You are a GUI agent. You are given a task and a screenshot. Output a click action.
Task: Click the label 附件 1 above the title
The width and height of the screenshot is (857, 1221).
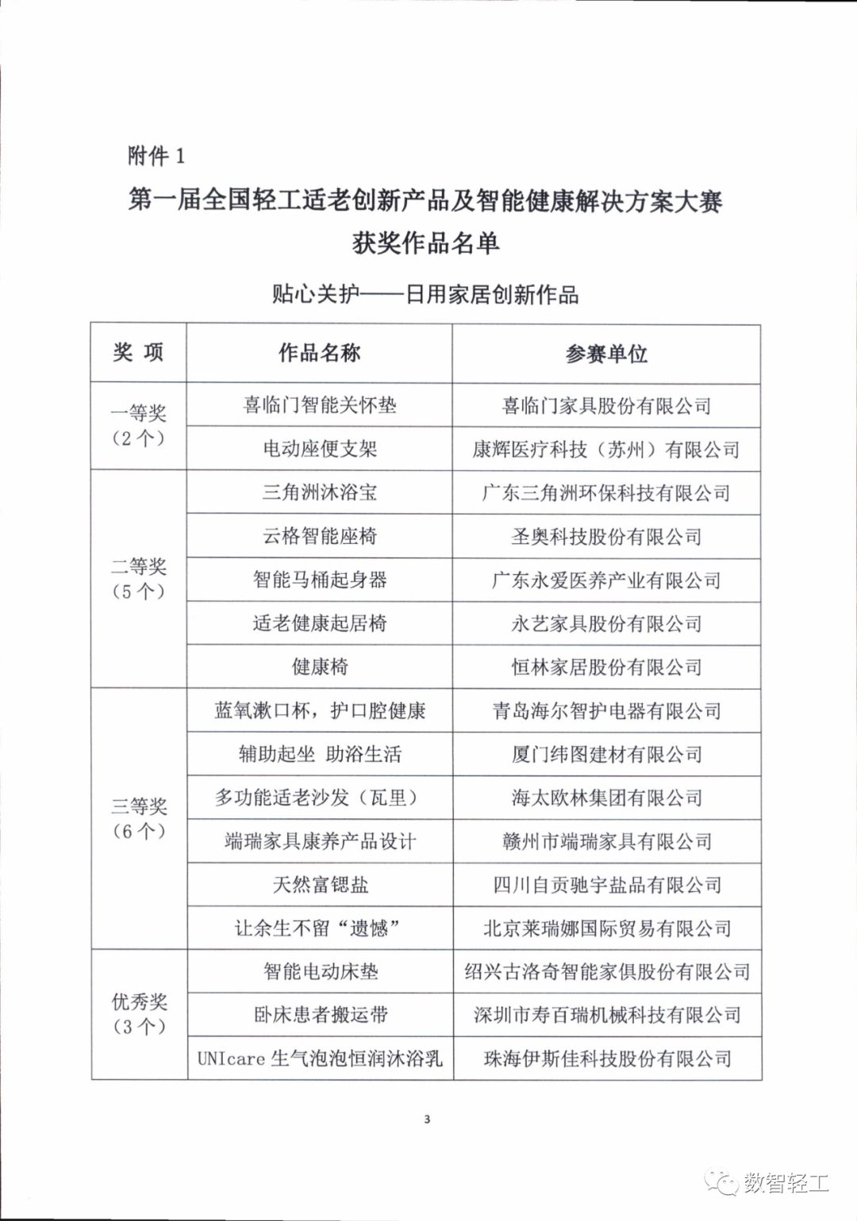156,155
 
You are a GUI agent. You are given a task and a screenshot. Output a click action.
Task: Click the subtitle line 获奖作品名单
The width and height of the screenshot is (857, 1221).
426,243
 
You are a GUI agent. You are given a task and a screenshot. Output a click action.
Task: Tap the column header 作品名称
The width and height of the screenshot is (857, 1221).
320,353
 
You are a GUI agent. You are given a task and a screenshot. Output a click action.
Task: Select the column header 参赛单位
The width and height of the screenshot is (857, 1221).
606,354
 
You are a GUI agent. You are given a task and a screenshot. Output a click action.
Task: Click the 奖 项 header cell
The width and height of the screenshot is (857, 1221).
138,353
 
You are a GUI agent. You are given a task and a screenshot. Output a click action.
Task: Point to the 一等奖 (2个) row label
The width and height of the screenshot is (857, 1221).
138,425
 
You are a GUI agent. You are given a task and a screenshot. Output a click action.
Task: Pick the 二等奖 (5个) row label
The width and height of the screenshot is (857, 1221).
138,579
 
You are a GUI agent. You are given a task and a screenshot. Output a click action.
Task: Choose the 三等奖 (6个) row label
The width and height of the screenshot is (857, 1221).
138,818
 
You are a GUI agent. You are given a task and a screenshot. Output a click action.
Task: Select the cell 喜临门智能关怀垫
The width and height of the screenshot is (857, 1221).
320,405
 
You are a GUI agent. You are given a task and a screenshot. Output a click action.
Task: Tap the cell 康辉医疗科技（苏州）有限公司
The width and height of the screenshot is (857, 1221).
606,450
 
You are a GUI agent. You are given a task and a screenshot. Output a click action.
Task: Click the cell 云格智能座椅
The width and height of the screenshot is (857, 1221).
320,536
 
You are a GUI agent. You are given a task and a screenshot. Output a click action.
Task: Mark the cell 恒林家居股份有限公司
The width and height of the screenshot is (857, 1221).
606,667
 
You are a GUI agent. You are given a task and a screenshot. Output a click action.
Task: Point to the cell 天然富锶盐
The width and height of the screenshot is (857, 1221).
320,884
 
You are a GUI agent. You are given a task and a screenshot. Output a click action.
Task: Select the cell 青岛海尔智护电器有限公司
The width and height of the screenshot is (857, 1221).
606,710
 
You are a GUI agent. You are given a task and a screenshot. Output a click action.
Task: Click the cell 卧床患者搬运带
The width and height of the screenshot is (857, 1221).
320,1014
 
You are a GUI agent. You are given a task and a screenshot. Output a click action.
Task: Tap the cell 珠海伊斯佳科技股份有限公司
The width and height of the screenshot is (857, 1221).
607,1058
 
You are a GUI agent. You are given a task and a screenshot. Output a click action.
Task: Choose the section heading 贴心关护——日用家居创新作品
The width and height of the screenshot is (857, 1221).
425,295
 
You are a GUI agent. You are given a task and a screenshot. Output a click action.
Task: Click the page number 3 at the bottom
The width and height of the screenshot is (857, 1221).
427,1119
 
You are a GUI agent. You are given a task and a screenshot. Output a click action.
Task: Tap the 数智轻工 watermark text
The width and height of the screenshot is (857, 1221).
786,1183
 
